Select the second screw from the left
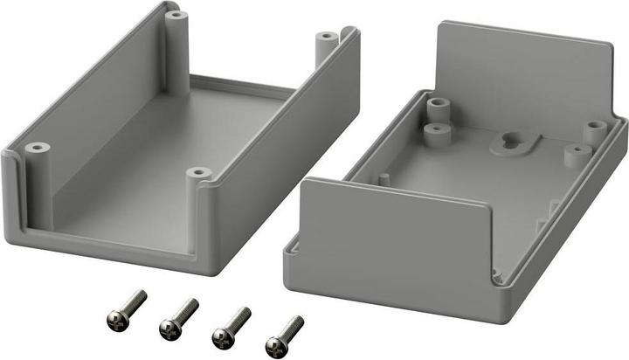178,315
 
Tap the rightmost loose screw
285,330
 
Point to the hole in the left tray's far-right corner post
325,38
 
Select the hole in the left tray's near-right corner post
200,172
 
